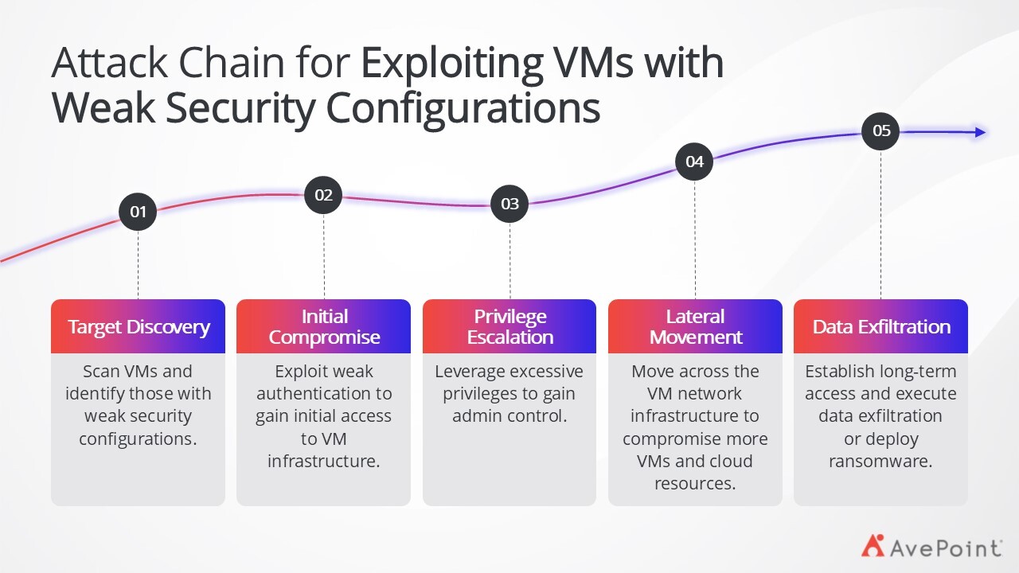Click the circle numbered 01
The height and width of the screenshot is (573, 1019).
(x=138, y=212)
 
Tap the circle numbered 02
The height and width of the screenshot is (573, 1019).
(x=323, y=195)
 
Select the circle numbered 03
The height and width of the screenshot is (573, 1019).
(x=509, y=204)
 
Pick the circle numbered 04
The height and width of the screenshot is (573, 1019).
(x=694, y=162)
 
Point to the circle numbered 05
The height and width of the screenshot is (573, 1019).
(x=880, y=131)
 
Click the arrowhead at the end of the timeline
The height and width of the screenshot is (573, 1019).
(x=980, y=132)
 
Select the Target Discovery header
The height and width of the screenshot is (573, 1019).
(x=139, y=326)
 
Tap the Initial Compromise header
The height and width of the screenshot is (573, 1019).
(x=323, y=326)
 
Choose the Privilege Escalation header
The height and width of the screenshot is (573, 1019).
(x=509, y=326)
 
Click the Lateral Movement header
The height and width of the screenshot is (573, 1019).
(x=695, y=326)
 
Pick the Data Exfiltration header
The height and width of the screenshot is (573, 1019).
(x=880, y=326)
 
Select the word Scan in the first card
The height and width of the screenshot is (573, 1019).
(x=101, y=372)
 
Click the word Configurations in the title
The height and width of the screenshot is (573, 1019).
(x=463, y=109)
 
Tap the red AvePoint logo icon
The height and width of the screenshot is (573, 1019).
(x=873, y=545)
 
